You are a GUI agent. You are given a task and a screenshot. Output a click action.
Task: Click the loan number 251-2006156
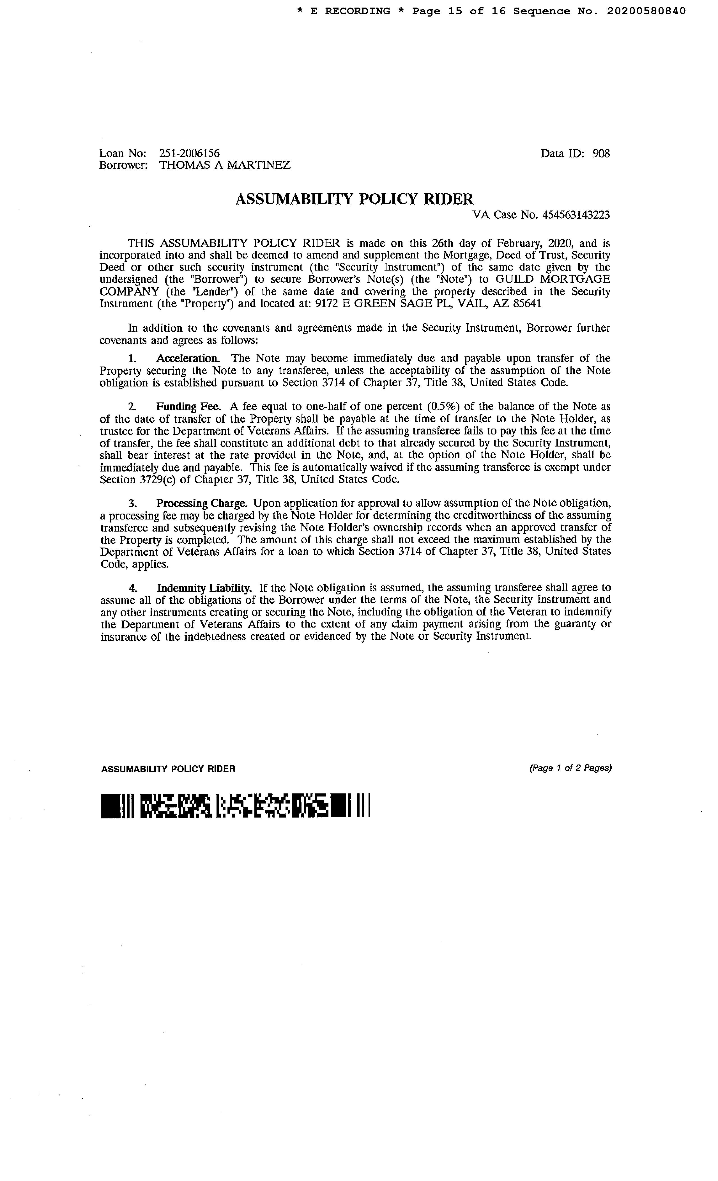189,153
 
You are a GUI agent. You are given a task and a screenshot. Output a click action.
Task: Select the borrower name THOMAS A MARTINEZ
225,165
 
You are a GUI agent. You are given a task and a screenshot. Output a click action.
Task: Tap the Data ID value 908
601,153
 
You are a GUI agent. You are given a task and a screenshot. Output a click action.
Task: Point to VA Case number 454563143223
576,215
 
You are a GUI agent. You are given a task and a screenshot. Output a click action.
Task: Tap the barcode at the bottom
236,807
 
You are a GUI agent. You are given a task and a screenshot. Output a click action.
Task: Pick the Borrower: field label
123,165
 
